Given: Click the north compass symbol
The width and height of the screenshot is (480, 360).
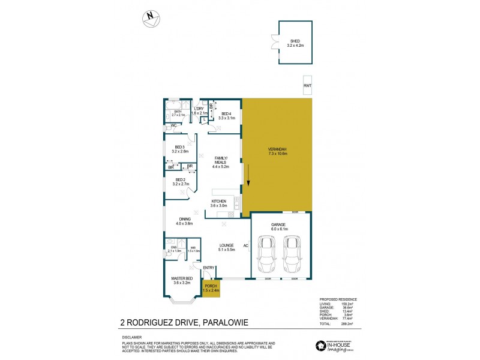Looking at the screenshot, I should click(x=151, y=19).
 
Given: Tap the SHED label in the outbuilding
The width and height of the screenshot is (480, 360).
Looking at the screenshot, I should click(x=295, y=43).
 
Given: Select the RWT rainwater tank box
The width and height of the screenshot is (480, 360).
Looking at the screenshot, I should click(x=307, y=86).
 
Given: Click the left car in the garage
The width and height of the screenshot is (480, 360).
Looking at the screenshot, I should click(x=265, y=254).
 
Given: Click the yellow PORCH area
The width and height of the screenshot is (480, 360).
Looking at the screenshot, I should click(x=211, y=289).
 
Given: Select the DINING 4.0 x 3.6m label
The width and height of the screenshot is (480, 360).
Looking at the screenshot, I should click(x=184, y=221).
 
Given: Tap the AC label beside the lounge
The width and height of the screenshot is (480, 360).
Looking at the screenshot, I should click(x=246, y=246).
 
